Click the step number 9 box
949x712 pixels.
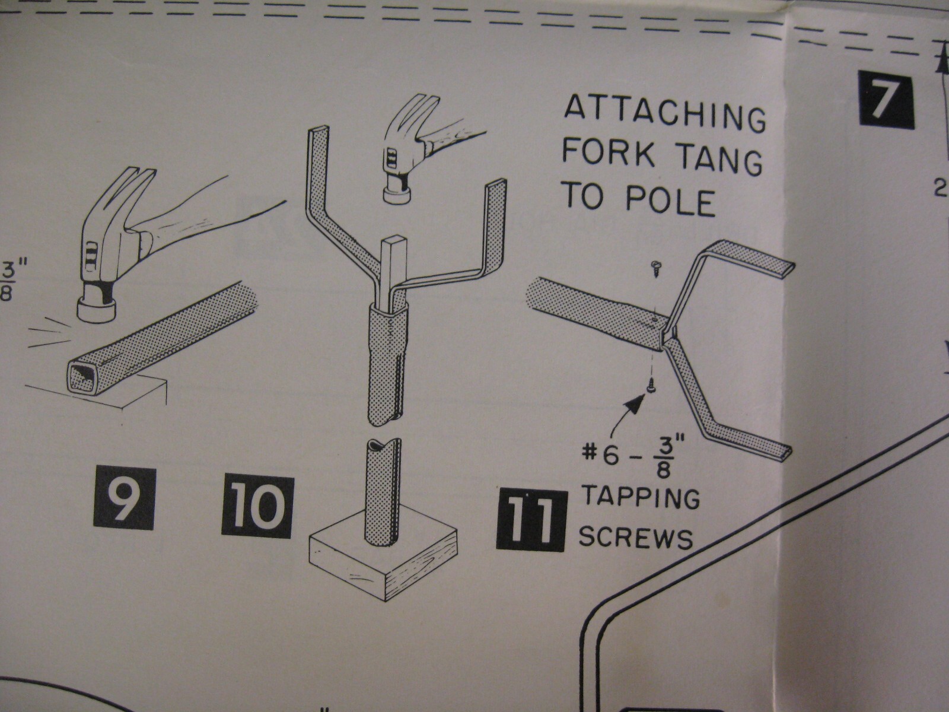tap(124, 499)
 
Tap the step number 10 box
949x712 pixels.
tap(257, 507)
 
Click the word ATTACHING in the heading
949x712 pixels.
tap(664, 114)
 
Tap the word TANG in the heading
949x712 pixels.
tap(718, 159)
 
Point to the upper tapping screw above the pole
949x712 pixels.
tap(655, 270)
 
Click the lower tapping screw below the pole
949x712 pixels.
tap(651, 383)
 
